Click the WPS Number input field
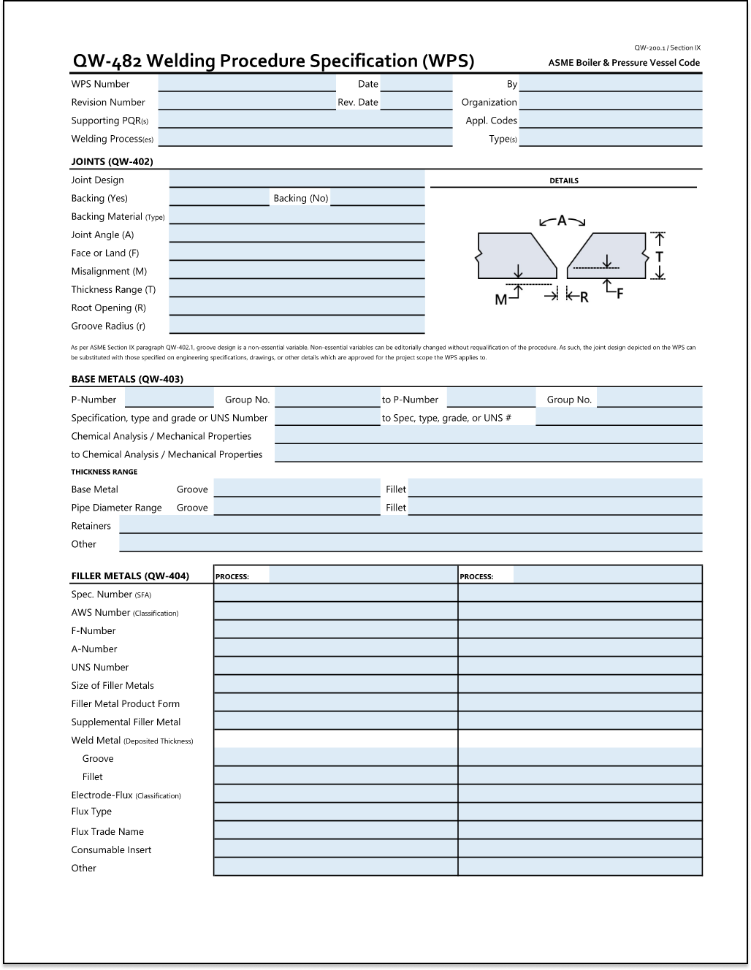[x=246, y=84]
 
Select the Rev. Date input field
[x=416, y=102]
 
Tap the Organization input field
[x=610, y=102]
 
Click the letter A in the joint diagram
[x=562, y=220]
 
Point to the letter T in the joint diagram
[x=659, y=256]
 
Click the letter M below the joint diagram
[x=501, y=299]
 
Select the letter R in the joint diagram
[x=584, y=297]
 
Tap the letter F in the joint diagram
[x=620, y=294]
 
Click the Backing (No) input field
[x=377, y=198]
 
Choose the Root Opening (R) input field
[x=297, y=308]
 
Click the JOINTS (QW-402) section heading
[x=112, y=161]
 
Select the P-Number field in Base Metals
[x=169, y=400]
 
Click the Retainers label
[x=91, y=526]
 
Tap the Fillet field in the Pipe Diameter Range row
[x=554, y=508]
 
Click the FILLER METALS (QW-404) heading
[x=130, y=576]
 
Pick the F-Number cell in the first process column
[x=335, y=630]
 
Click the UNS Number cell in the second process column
[x=580, y=667]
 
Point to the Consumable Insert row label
[x=111, y=849]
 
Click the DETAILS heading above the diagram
[x=563, y=180]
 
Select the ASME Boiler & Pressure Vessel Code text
[x=624, y=63]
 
